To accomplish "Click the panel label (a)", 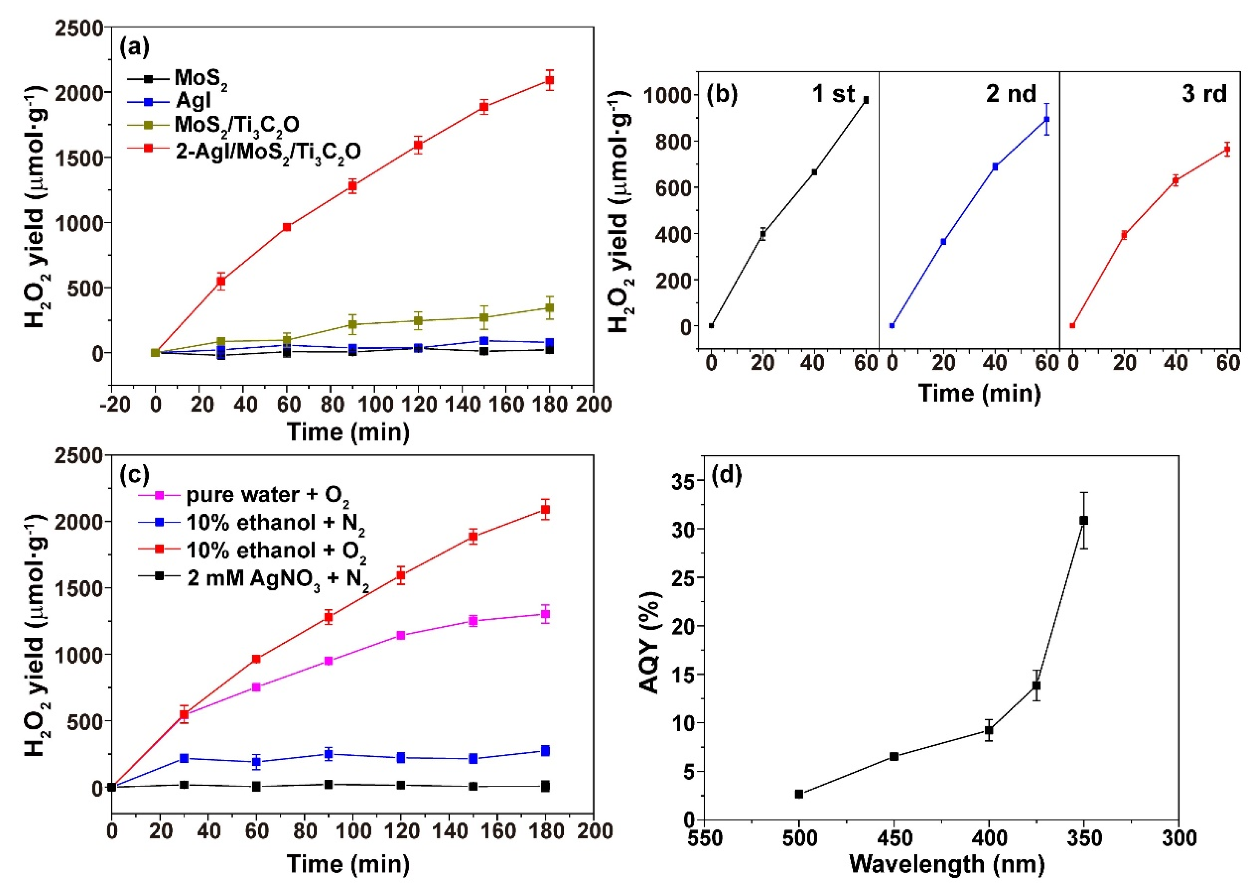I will click(134, 48).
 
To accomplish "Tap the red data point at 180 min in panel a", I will click(549, 80).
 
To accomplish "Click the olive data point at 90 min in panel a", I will click(352, 325).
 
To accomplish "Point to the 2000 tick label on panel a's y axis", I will click(80, 93).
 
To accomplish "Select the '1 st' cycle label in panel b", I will click(832, 94).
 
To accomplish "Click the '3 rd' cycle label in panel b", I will click(1204, 94).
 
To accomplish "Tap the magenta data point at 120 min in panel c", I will click(400, 635).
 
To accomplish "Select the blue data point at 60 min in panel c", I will click(256, 761).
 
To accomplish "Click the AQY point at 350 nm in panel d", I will click(1083, 520).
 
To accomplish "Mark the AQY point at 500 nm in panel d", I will click(799, 794).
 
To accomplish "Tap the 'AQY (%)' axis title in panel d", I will click(650, 643).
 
